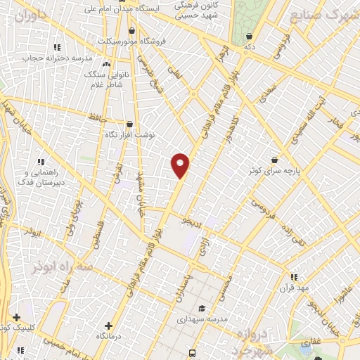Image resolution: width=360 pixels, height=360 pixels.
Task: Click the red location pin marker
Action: coord(180,165)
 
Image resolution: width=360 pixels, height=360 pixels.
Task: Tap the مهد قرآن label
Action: coord(294,288)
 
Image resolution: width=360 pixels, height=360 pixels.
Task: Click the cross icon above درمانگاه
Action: coord(108,326)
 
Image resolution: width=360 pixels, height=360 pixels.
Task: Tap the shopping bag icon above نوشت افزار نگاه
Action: coord(129,124)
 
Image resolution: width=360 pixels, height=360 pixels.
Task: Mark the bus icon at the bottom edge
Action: coord(192,354)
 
